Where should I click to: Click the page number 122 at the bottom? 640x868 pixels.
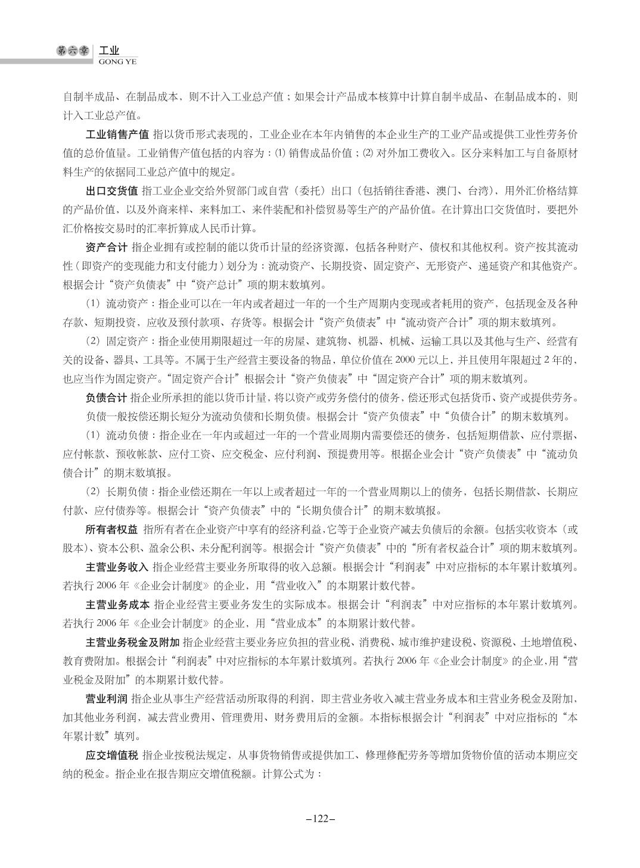click(x=320, y=818)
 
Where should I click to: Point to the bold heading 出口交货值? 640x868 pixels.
click(x=111, y=191)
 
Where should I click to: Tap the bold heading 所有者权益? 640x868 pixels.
click(x=111, y=529)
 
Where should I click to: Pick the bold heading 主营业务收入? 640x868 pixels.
click(x=117, y=567)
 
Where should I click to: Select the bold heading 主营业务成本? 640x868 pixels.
click(x=117, y=605)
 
